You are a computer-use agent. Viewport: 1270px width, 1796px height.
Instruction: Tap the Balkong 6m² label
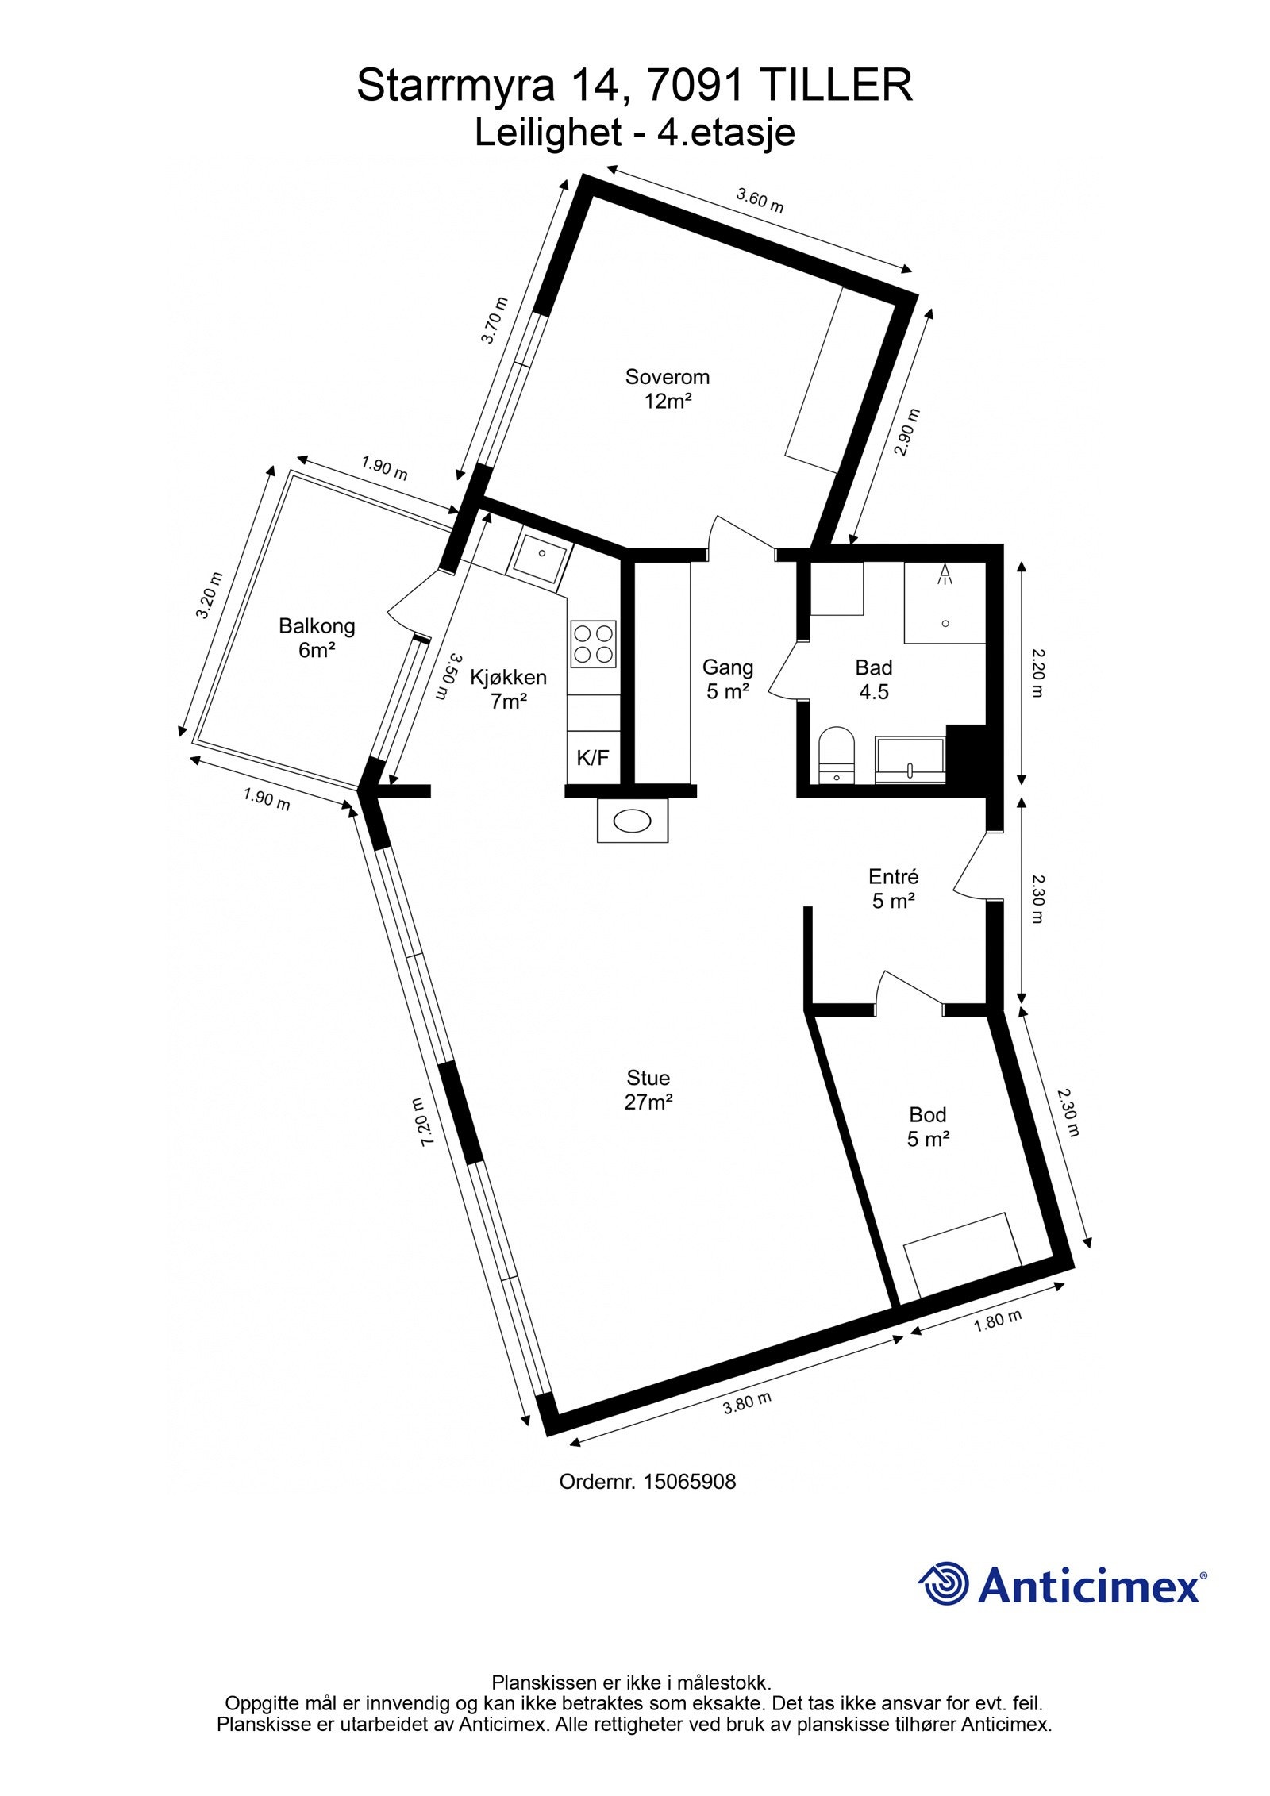tap(316, 638)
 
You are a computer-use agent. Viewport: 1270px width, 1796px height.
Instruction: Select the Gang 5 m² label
tap(727, 679)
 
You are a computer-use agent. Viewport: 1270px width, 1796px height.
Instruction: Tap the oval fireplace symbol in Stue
tap(632, 821)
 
